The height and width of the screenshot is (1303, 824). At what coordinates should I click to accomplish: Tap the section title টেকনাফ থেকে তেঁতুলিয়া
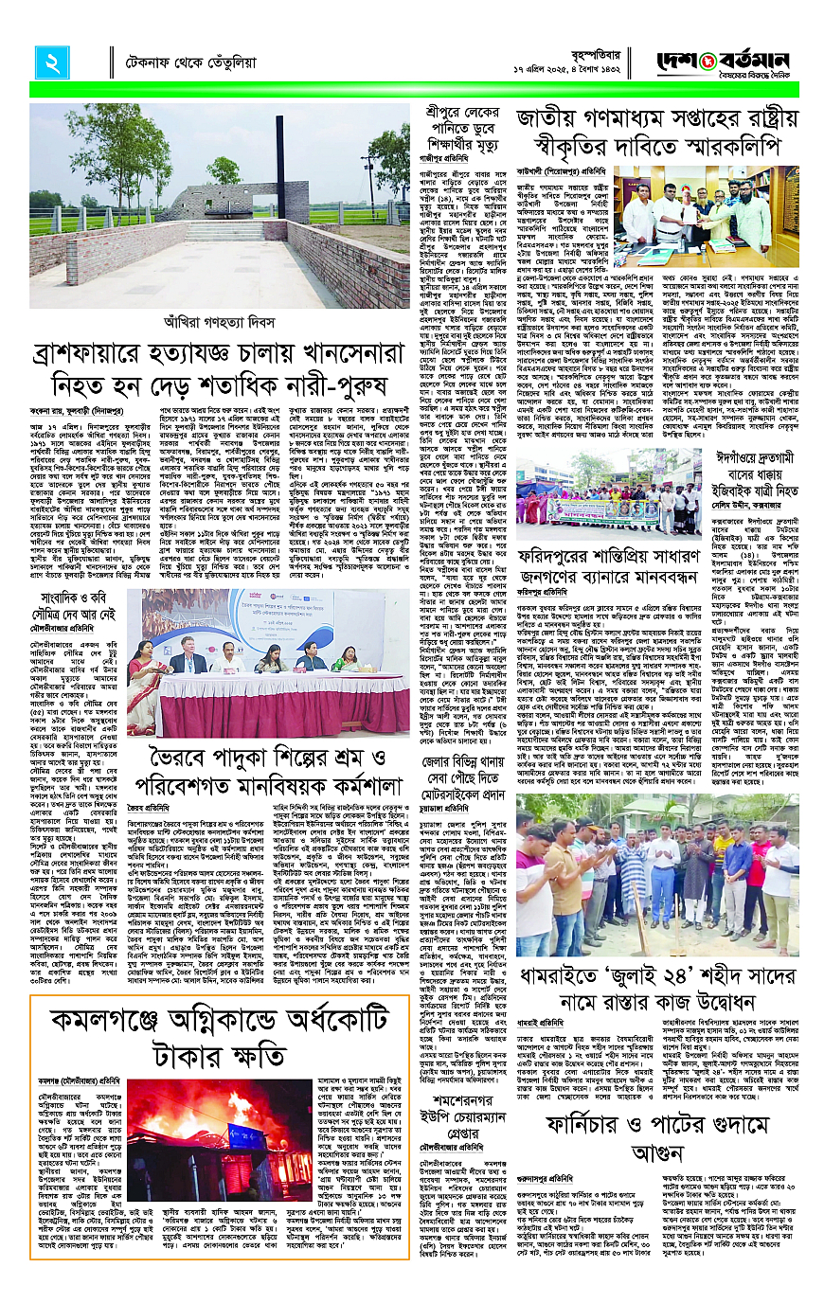tap(191, 64)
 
